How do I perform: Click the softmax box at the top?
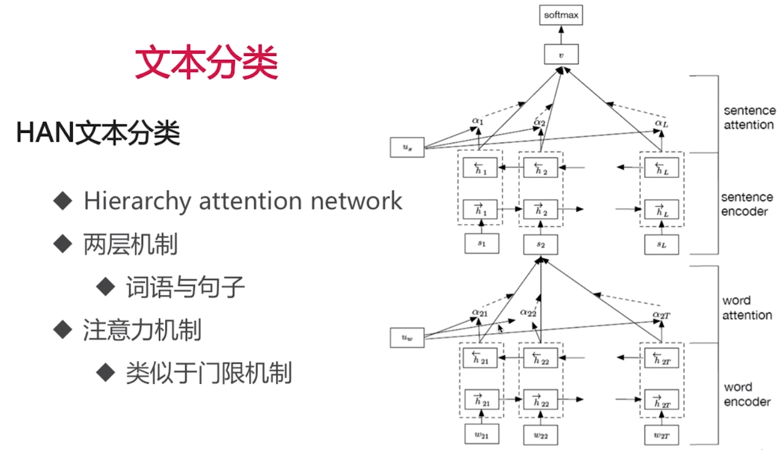[561, 15]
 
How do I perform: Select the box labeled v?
[561, 55]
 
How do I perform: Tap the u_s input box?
[407, 147]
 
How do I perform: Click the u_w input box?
[407, 338]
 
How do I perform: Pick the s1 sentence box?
[482, 244]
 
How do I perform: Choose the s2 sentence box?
[540, 245]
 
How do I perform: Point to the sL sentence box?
[661, 245]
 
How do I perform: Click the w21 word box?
[482, 435]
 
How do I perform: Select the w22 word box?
[540, 435]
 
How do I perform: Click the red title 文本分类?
[206, 63]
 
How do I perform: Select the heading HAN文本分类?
[98, 134]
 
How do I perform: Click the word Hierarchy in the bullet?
[136, 201]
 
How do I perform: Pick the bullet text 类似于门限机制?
[209, 374]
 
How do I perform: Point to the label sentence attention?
[748, 117]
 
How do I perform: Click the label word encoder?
[747, 394]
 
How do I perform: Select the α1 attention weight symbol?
[478, 121]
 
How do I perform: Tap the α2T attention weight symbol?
[661, 314]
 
